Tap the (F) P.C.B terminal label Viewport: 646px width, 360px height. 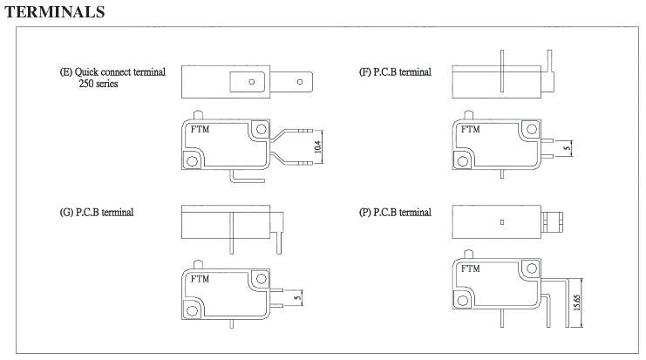[395, 72]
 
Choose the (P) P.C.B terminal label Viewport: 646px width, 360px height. [395, 212]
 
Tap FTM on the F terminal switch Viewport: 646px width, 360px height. [470, 129]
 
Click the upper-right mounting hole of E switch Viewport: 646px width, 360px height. [259, 130]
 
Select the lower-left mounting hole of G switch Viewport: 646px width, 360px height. [193, 308]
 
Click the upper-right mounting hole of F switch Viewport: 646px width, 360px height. [528, 130]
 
